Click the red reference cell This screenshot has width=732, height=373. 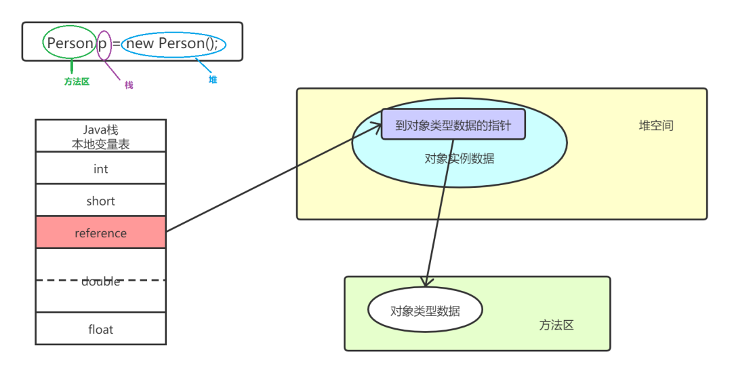pos(100,233)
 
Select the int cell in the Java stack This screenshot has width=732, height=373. pos(100,168)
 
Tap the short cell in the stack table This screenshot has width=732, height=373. pos(100,201)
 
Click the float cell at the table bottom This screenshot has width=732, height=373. pos(100,330)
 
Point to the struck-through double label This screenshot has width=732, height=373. pos(100,281)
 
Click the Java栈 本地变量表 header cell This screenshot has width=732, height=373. pos(100,136)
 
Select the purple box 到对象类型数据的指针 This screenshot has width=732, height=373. pos(453,125)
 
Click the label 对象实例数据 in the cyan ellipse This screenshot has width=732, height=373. pos(459,159)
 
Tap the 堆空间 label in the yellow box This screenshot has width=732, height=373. pos(656,125)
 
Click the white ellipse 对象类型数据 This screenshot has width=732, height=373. pos(425,311)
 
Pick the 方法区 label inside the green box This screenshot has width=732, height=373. pos(556,326)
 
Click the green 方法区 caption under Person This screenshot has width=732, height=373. pos(77,81)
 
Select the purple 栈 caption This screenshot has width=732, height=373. pos(129,85)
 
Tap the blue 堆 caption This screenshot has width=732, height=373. pos(213,79)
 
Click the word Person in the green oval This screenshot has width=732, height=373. pos(70,43)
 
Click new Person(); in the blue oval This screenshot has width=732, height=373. pos(172,43)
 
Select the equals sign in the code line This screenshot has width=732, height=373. pos(117,44)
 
